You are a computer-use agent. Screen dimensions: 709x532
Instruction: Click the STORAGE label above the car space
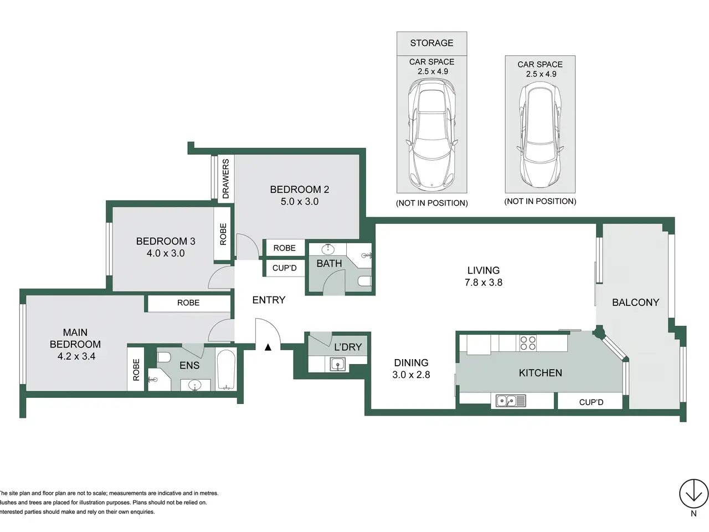431,43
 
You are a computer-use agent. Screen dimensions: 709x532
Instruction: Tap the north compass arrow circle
693,494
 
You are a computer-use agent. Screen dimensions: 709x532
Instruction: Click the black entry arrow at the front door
268,347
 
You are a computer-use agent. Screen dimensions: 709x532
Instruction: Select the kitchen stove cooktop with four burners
528,343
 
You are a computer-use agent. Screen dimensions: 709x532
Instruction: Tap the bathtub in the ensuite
226,370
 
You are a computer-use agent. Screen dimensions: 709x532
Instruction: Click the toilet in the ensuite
163,357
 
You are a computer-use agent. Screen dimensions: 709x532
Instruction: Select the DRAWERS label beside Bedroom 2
226,178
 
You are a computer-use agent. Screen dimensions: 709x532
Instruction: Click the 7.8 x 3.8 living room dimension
483,283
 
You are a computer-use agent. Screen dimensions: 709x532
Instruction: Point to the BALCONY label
635,303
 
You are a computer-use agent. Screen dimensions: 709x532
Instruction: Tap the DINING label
411,363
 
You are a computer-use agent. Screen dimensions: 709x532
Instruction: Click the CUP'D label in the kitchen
591,402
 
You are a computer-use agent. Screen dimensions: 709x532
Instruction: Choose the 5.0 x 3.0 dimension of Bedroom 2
300,202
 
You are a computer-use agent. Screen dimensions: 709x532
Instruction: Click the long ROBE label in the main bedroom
188,303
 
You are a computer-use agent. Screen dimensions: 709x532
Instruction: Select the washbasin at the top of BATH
328,249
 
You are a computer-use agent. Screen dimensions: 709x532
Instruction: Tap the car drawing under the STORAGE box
432,133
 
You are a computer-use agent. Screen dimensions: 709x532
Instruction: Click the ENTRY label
269,300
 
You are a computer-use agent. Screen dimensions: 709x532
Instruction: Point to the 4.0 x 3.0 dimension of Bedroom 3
166,253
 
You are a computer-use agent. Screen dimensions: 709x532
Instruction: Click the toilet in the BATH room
364,282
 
